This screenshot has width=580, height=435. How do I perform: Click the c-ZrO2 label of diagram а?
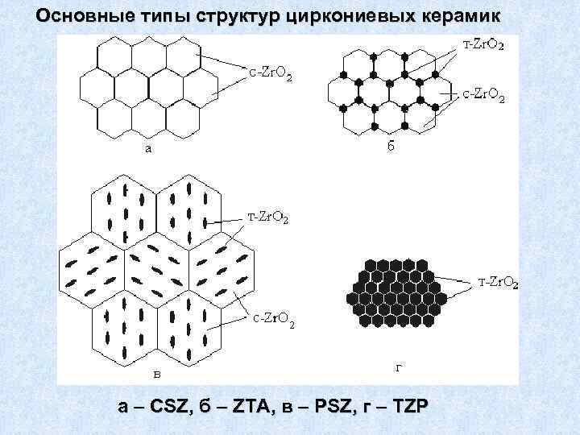(x=270, y=75)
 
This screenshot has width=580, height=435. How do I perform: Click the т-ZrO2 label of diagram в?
(x=268, y=217)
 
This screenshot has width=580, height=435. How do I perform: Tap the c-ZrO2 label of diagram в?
(x=271, y=323)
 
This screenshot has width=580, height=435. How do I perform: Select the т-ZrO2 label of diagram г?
(x=499, y=282)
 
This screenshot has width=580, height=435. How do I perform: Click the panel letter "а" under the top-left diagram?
(x=147, y=147)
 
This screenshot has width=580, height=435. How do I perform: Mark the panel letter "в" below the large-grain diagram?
(x=159, y=372)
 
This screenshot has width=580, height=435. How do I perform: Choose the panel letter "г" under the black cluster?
(x=398, y=368)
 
